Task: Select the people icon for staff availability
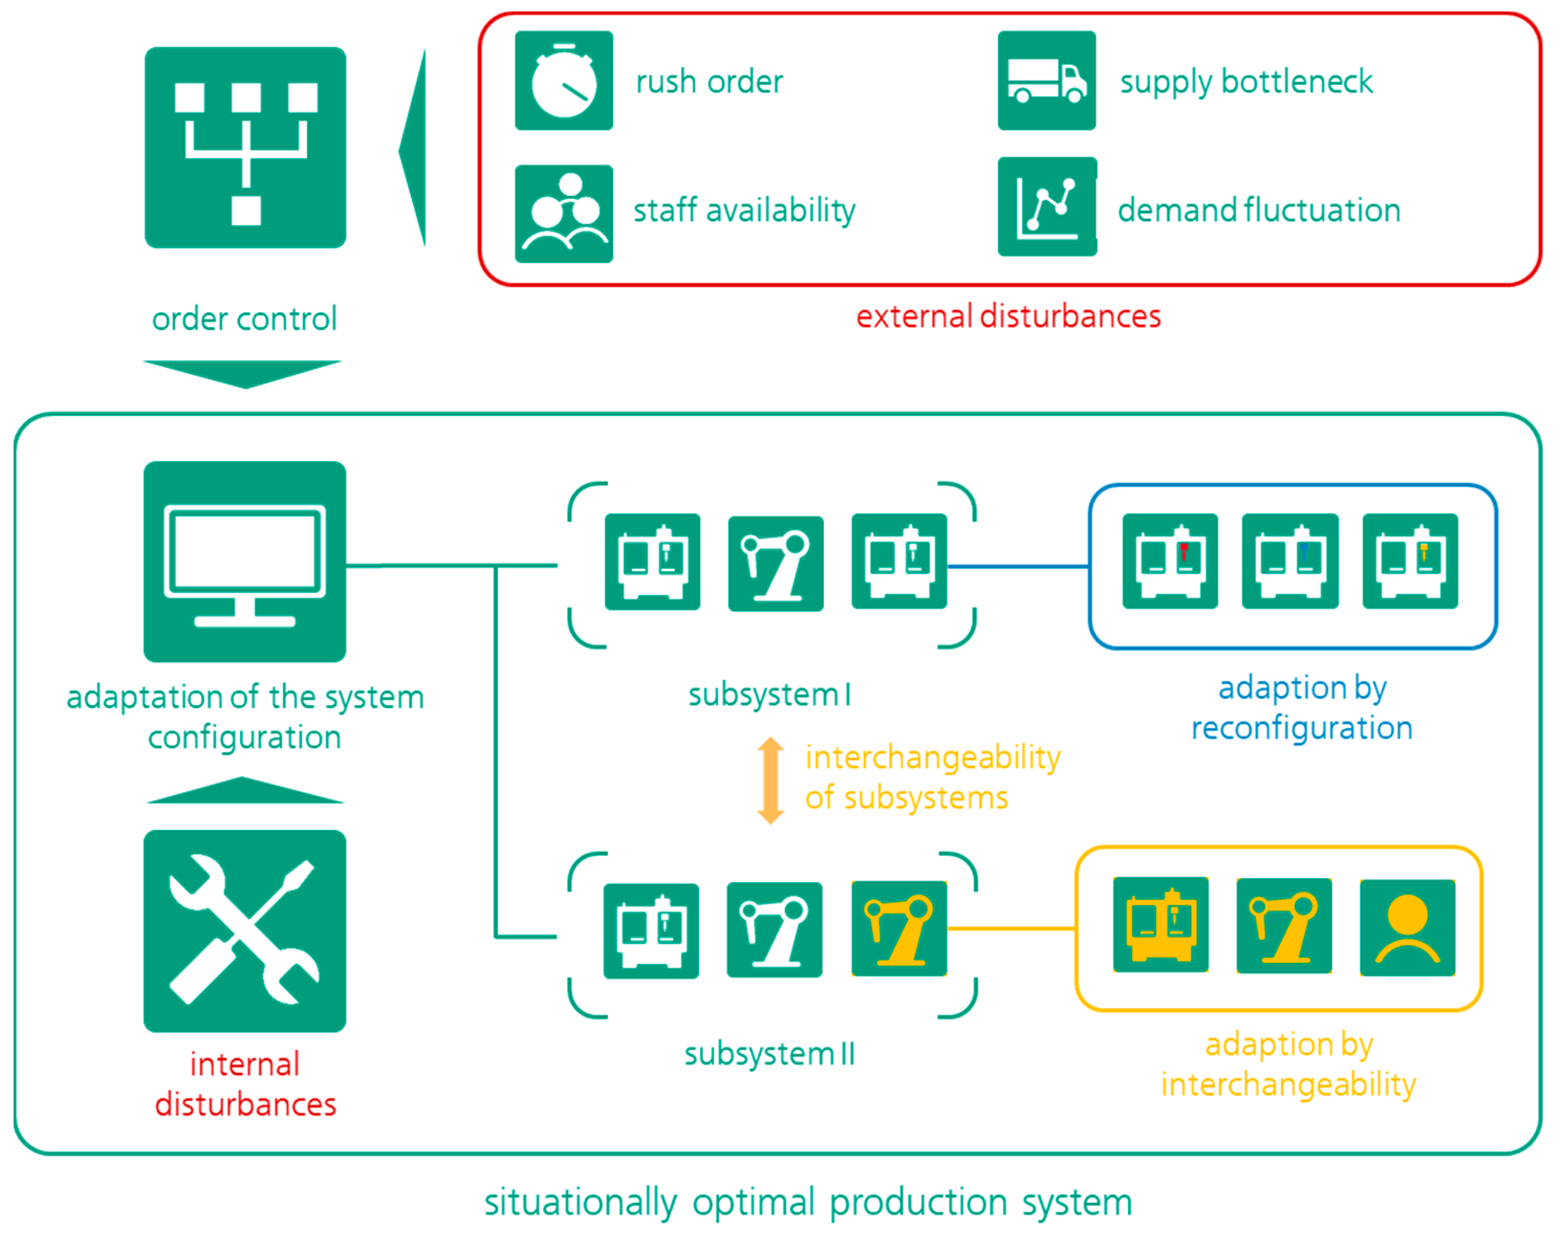pos(563,214)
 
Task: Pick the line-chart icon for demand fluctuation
pos(1046,207)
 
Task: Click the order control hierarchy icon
pos(245,148)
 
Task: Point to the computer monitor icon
pos(245,562)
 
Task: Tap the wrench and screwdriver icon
pos(245,931)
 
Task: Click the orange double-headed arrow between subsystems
pos(770,780)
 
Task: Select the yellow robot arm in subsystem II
pos(899,928)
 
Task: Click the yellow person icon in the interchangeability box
pos(1407,928)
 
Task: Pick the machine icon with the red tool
pos(1170,561)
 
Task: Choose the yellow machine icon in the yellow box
pos(1160,925)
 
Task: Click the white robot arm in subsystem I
pos(776,564)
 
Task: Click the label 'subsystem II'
pos(770,1054)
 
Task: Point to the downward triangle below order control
pos(243,372)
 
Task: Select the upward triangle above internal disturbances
pos(244,792)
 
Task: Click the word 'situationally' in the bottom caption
pos(580,1203)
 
